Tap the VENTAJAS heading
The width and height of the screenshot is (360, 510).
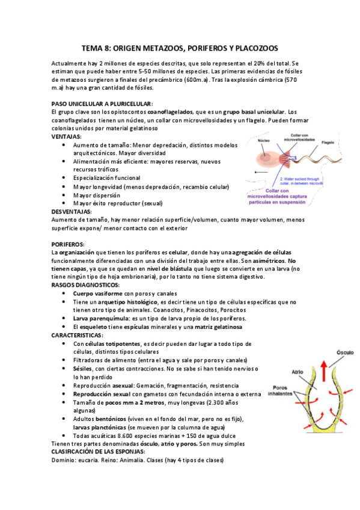[67, 137]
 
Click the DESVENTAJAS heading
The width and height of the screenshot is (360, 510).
[72, 212]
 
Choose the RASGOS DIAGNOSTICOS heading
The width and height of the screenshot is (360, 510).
[85, 284]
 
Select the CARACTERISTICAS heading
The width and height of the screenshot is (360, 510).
[77, 334]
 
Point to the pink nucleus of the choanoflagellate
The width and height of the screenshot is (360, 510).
[266, 158]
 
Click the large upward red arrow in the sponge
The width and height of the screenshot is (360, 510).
[325, 372]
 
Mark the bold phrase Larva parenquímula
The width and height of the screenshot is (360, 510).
[99, 318]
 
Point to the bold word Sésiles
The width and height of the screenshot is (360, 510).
[83, 368]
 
